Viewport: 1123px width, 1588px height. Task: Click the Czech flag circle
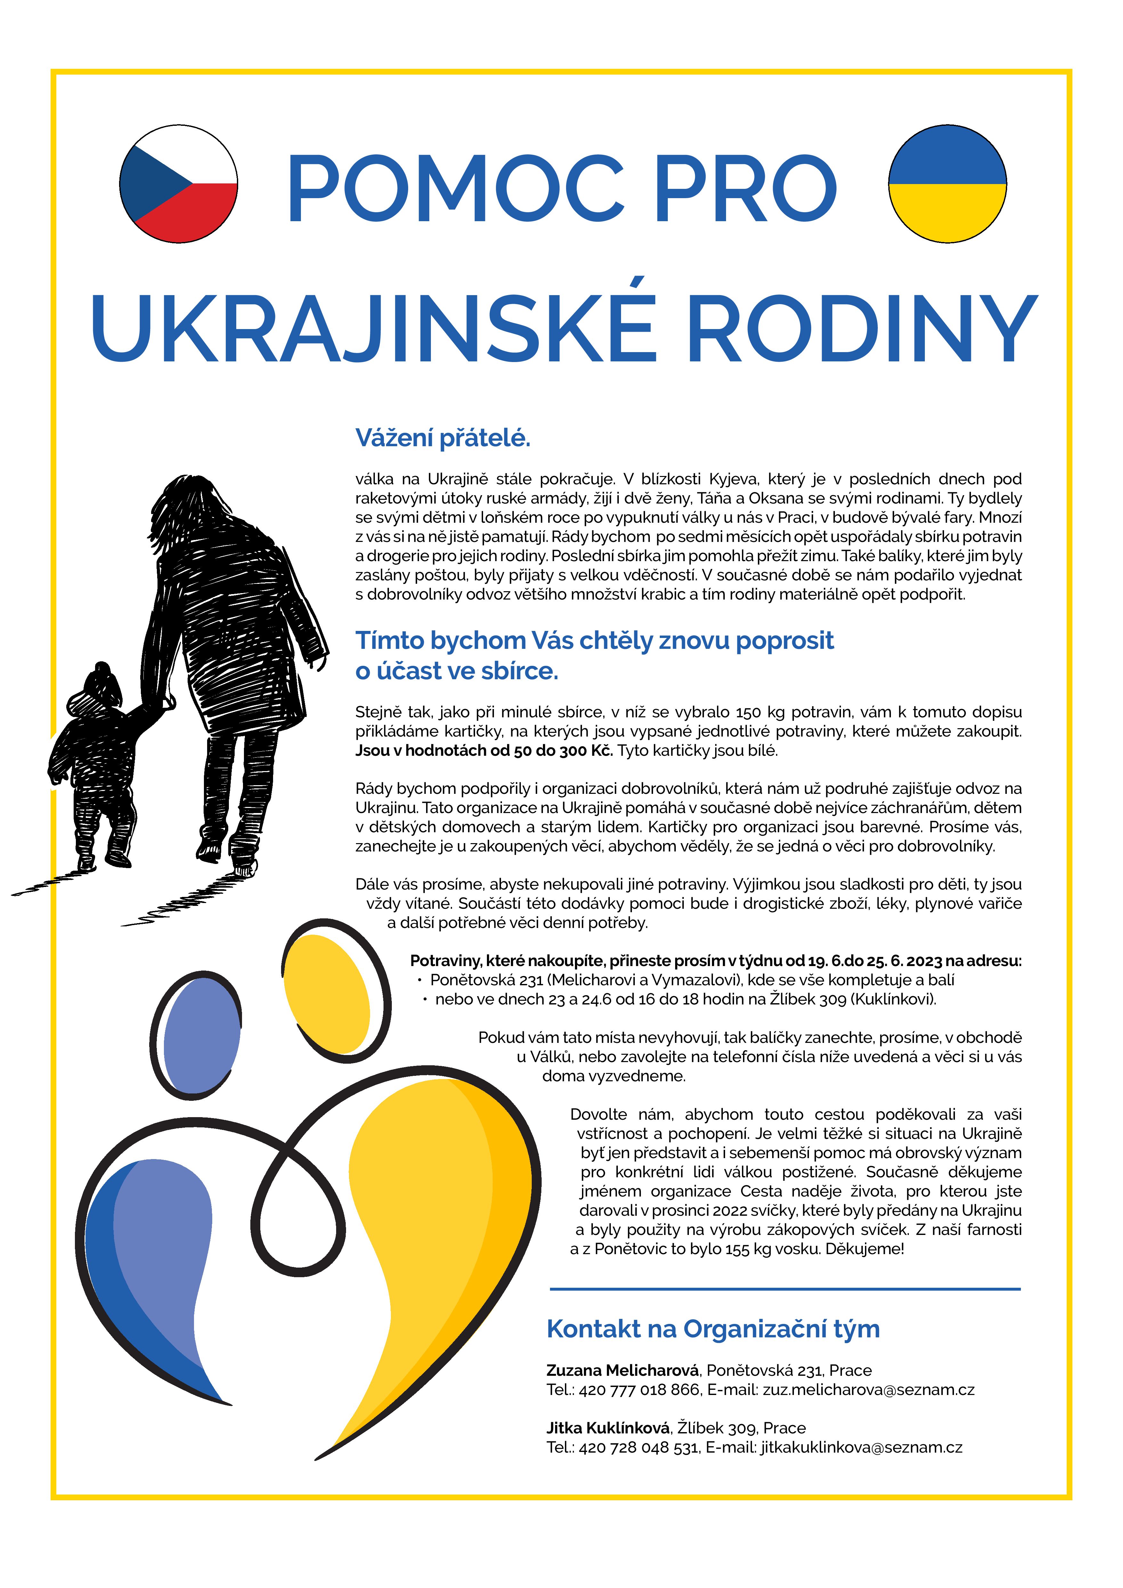pyautogui.click(x=178, y=184)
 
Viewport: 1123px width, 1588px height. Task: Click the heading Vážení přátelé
pyautogui.click(x=442, y=438)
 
